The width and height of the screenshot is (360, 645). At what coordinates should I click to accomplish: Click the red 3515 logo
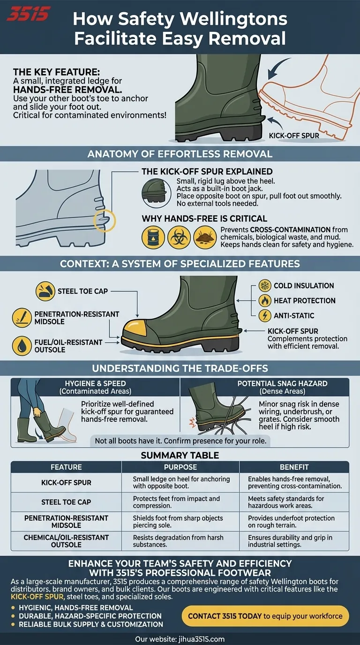pyautogui.click(x=28, y=14)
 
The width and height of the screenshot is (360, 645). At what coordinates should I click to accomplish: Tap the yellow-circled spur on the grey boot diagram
pyautogui.click(x=105, y=218)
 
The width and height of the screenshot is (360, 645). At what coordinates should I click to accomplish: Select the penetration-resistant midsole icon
pyautogui.click(x=22, y=318)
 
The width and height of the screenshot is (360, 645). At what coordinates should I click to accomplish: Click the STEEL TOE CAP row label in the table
pyautogui.click(x=66, y=502)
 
